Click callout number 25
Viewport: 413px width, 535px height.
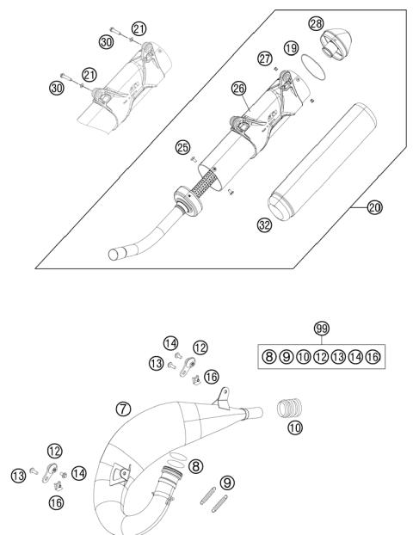point(183,148)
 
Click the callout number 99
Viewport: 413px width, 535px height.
point(320,329)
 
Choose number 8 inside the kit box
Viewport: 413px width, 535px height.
point(268,355)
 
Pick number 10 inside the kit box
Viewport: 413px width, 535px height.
point(303,355)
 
